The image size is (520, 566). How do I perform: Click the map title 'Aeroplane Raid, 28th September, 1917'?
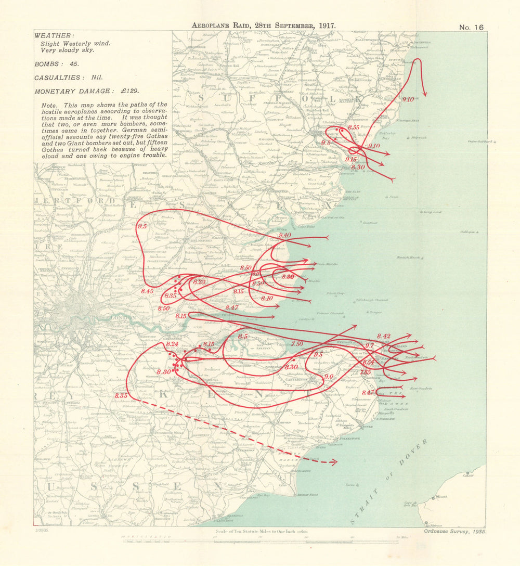[x=264, y=25]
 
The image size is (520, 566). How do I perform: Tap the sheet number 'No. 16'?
[x=472, y=28]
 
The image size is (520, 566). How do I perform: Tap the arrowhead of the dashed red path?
[x=334, y=462]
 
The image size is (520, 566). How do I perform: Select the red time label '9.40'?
[x=285, y=236]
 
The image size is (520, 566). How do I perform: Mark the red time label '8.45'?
[x=147, y=291]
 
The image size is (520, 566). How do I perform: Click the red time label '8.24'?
[x=172, y=344]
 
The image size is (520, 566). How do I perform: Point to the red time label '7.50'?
[x=297, y=344]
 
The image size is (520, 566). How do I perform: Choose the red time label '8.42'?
[x=384, y=336]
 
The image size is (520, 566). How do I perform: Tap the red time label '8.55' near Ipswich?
[x=354, y=127]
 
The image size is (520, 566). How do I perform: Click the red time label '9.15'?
[x=351, y=159]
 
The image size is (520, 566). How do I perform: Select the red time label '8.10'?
[x=267, y=298]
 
